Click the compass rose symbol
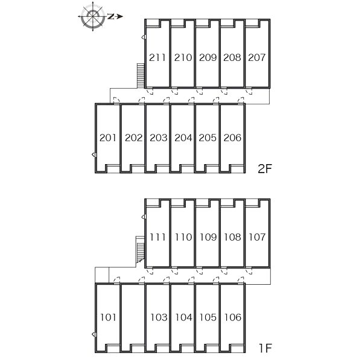(x=93, y=16)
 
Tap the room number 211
(x=157, y=57)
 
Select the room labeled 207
(x=257, y=57)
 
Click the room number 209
(x=208, y=57)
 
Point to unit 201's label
(x=107, y=138)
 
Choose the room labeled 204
(x=183, y=138)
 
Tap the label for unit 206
(x=232, y=138)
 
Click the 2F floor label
(x=265, y=169)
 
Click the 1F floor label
(x=265, y=348)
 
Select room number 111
(x=157, y=237)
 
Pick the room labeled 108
(x=232, y=237)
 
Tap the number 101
(x=108, y=317)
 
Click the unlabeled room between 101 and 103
(x=133, y=317)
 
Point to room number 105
(x=208, y=317)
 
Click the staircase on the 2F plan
(x=141, y=75)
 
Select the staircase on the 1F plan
(x=140, y=250)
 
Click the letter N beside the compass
(x=111, y=16)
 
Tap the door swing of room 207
(x=249, y=92)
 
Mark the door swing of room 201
(x=117, y=100)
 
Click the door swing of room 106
(x=241, y=280)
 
